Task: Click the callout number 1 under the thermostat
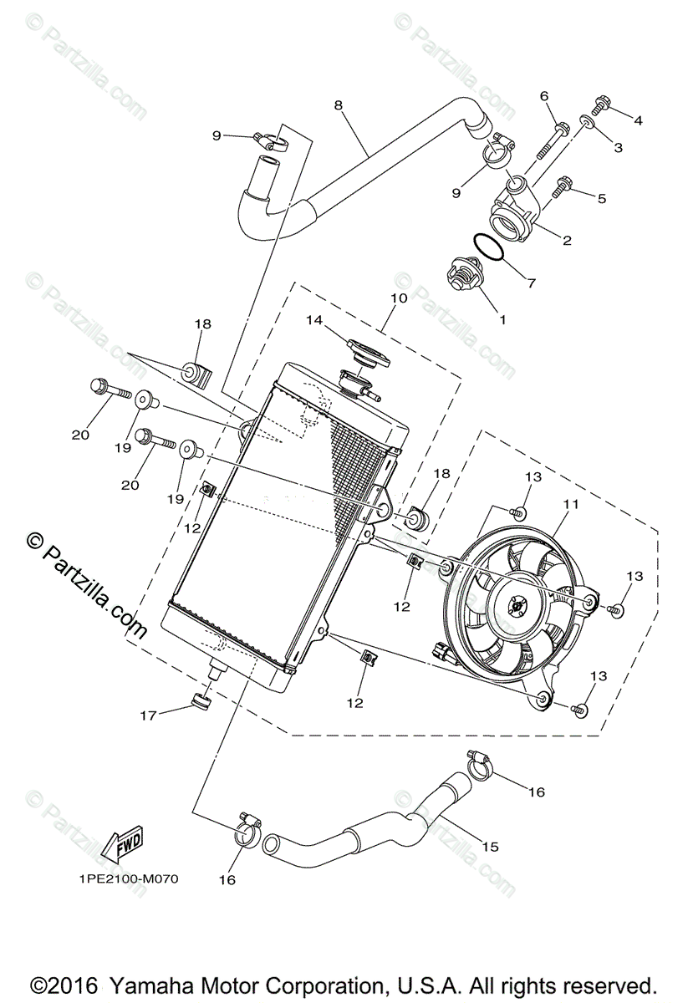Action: tap(502, 318)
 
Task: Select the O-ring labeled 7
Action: tap(490, 249)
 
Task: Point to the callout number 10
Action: tap(398, 298)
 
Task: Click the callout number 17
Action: tap(148, 715)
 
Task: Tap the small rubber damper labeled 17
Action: tap(201, 700)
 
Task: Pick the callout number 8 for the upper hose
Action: tap(338, 105)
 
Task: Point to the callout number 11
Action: tap(571, 504)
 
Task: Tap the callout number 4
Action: tap(638, 120)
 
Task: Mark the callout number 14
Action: tap(313, 319)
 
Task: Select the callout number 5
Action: tap(602, 199)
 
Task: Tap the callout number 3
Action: tap(618, 148)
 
